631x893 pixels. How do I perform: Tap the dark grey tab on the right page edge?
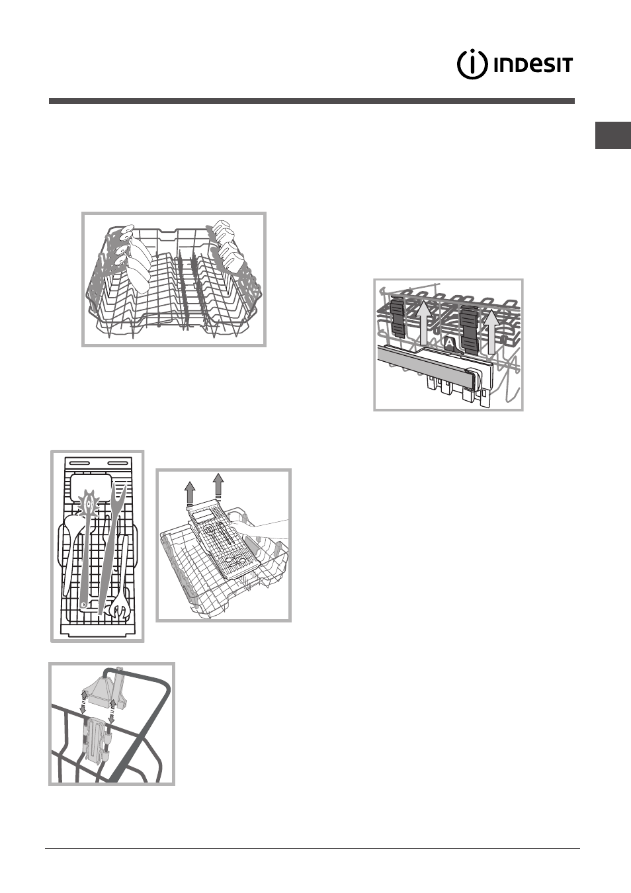612,135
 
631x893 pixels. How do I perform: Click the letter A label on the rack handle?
450,343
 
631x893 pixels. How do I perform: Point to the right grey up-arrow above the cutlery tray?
218,487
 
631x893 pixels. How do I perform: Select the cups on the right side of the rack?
228,248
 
